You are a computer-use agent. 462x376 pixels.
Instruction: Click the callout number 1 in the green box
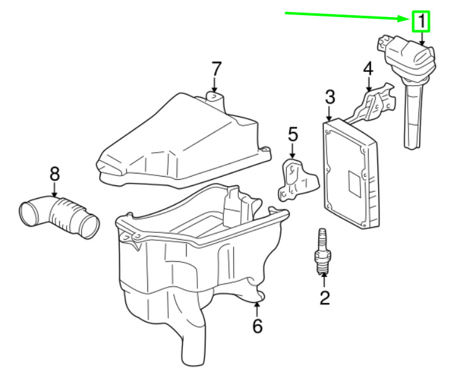(420, 21)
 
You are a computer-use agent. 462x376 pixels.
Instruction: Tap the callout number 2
(324, 296)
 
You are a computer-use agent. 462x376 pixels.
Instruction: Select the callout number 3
(330, 97)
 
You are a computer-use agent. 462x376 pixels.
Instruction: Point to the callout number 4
(368, 69)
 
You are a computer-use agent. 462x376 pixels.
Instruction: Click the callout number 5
(292, 134)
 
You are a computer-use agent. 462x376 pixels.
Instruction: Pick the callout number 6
(257, 326)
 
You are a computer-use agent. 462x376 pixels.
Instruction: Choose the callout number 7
(216, 68)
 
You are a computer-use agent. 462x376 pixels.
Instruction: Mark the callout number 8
(54, 172)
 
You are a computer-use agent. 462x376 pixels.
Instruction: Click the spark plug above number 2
(324, 254)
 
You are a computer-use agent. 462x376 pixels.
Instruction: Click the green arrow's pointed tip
(410, 18)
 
